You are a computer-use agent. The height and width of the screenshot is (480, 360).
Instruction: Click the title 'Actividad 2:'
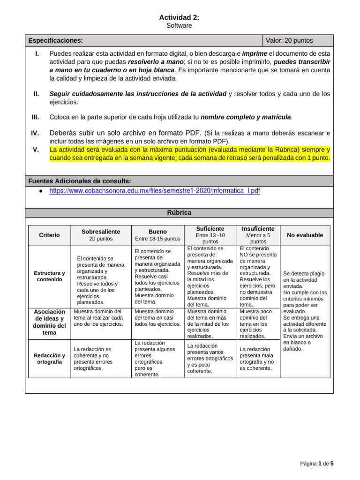tap(180, 17)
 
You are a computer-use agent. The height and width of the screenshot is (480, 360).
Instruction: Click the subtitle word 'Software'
tap(180, 26)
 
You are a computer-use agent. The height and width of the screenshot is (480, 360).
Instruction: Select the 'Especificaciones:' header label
tap(56, 40)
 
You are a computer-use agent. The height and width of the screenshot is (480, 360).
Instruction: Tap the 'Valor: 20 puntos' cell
tap(289, 40)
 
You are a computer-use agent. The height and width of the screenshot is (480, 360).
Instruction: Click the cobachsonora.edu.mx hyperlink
tap(154, 191)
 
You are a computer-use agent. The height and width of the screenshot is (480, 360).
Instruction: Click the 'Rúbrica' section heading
tap(180, 212)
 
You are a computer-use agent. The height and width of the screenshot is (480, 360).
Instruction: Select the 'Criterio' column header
tap(49, 235)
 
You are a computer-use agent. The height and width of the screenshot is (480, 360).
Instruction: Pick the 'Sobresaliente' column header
tap(101, 232)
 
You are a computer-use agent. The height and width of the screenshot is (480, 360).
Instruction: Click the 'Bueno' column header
tap(157, 232)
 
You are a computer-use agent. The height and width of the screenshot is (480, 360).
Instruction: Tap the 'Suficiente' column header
tap(210, 228)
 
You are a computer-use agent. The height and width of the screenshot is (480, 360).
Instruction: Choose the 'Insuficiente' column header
tap(258, 228)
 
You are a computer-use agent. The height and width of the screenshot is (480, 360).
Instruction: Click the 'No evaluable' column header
tap(305, 235)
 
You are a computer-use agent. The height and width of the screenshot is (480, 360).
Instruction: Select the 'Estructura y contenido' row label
tap(49, 276)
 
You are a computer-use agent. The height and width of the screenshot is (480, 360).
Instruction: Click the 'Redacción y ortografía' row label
tap(49, 359)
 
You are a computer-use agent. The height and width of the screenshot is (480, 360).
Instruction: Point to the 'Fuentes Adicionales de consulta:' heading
tap(79, 181)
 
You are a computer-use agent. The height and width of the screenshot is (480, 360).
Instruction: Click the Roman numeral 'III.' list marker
tap(35, 117)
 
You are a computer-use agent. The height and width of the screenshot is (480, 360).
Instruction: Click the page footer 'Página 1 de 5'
tap(317, 464)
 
